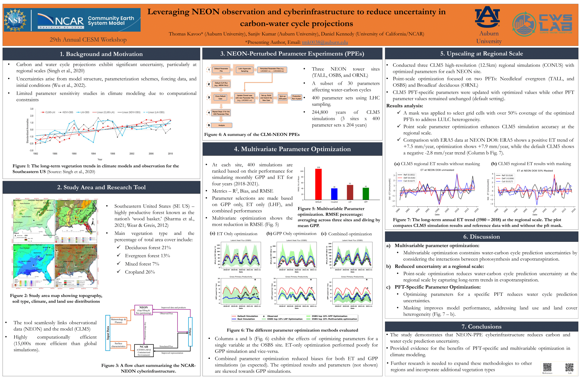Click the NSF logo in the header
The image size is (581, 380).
click(15, 20)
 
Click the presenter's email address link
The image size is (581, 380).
click(325, 42)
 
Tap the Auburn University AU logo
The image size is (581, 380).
click(487, 17)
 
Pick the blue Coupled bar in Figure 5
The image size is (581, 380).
click(334, 194)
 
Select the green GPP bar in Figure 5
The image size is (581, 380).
click(366, 194)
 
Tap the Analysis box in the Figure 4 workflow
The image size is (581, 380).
click(222, 125)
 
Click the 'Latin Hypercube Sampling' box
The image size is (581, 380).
click(245, 70)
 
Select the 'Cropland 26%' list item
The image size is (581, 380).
click(140, 272)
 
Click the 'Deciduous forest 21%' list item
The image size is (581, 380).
click(148, 248)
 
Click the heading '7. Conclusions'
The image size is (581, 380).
click(481, 327)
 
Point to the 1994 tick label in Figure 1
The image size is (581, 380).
click(93, 154)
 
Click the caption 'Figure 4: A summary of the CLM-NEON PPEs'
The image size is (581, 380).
click(252, 134)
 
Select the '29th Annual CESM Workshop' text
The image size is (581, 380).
click(88, 39)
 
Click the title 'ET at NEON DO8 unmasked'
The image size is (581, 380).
click(437, 170)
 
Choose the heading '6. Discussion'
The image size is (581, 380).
click(481, 237)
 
